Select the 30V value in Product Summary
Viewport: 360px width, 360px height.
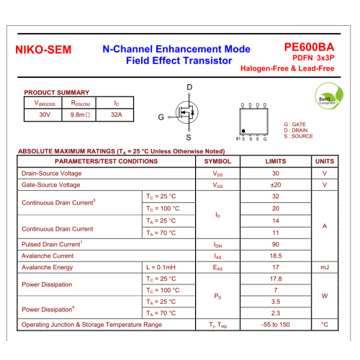[45, 114]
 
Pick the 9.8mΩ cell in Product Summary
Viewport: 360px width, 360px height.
[80, 114]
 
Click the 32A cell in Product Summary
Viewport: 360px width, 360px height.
[117, 114]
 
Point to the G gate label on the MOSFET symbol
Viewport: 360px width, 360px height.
[161, 117]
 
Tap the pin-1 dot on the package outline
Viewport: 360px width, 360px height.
[243, 132]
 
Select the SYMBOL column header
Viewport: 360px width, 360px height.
[218, 161]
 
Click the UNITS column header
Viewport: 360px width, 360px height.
[325, 161]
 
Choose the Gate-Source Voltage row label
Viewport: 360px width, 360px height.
[52, 185]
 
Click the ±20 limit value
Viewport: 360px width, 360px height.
[276, 185]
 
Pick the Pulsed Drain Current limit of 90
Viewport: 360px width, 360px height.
[276, 244]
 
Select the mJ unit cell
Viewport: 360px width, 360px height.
[325, 267]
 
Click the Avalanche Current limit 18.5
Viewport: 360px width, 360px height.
[276, 256]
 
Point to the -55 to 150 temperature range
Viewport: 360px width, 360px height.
[276, 325]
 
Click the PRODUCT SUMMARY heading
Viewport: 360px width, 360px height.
[57, 93]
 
